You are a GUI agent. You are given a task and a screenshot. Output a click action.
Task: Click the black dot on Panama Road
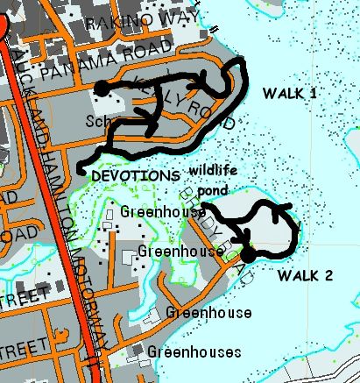(x=102, y=88)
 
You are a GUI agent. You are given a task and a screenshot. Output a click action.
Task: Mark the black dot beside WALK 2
(x=249, y=254)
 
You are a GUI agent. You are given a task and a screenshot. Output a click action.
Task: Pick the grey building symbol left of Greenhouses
(x=137, y=352)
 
